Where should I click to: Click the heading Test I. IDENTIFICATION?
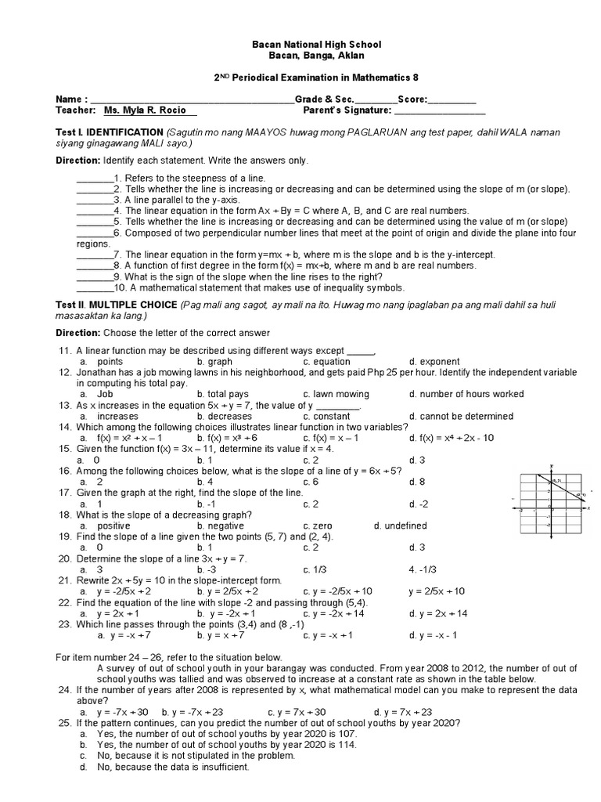coord(109,132)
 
